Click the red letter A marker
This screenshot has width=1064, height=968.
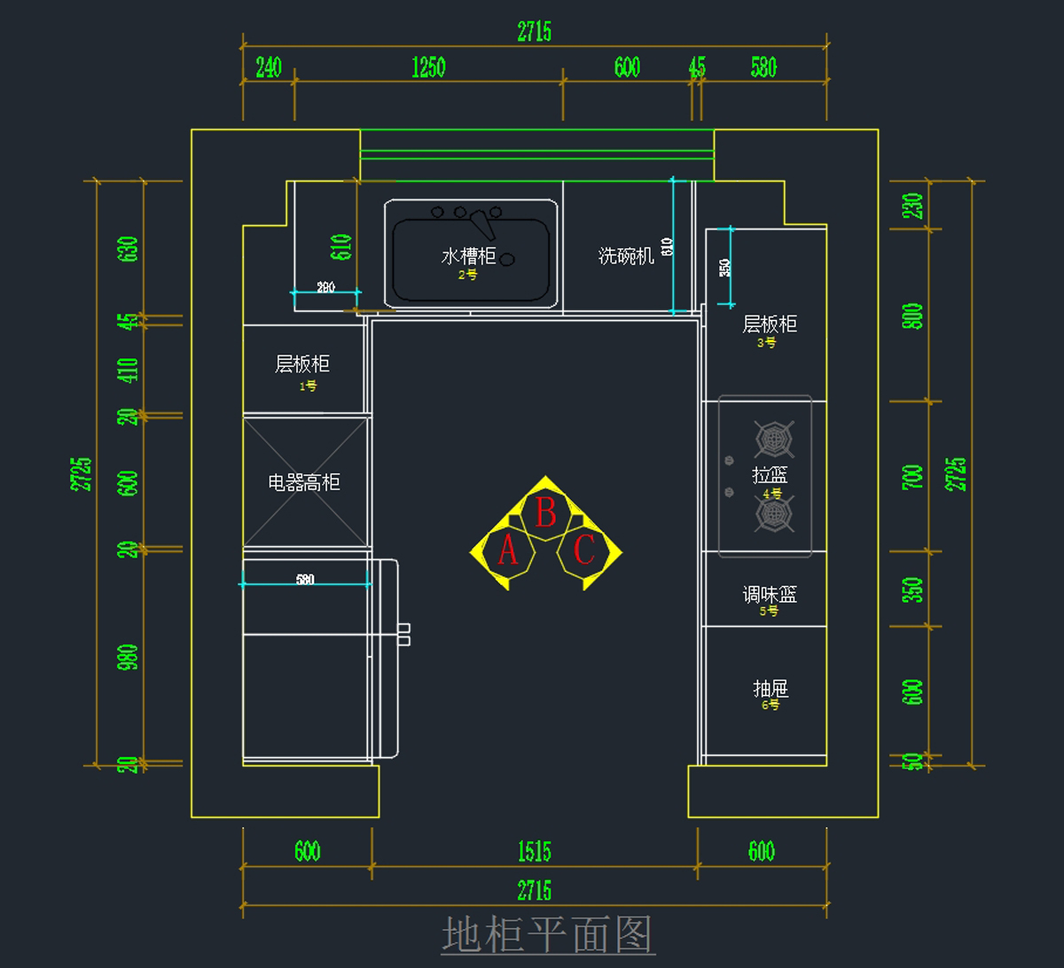pyautogui.click(x=508, y=550)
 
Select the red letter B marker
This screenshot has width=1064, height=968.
pyautogui.click(x=546, y=512)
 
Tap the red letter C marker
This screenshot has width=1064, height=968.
pyautogui.click(x=584, y=550)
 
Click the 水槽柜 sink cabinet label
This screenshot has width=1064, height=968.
pyautogui.click(x=469, y=256)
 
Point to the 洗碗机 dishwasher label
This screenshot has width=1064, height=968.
pyautogui.click(x=626, y=256)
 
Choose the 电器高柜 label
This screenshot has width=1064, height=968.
pyautogui.click(x=304, y=483)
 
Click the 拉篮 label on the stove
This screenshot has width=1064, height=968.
pyautogui.click(x=770, y=475)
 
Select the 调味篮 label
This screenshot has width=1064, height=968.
pyautogui.click(x=770, y=594)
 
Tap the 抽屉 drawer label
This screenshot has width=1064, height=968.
pyautogui.click(x=771, y=689)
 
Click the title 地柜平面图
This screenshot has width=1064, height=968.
pyautogui.click(x=548, y=934)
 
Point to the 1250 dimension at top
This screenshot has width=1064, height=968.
pyautogui.click(x=428, y=67)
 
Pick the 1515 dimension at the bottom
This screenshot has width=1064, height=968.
pyautogui.click(x=534, y=852)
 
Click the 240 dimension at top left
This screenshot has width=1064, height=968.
pyautogui.click(x=268, y=67)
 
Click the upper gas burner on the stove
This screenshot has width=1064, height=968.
pyautogui.click(x=773, y=439)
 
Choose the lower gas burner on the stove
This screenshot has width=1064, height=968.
pyautogui.click(x=773, y=513)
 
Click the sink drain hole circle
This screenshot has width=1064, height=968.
pyautogui.click(x=507, y=260)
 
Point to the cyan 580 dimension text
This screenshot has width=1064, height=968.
pyautogui.click(x=305, y=580)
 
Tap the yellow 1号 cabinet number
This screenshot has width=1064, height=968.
pyautogui.click(x=308, y=386)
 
